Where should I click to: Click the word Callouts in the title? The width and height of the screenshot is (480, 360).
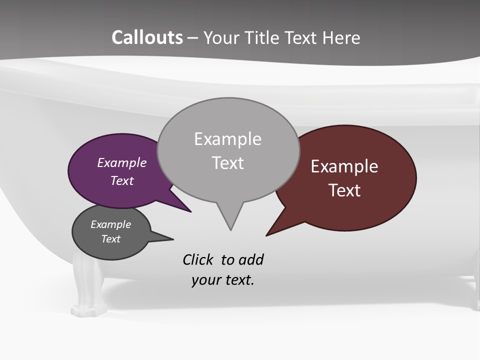click(x=147, y=38)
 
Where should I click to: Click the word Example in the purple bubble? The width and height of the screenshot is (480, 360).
click(x=121, y=163)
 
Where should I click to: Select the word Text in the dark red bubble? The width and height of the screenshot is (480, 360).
click(x=344, y=190)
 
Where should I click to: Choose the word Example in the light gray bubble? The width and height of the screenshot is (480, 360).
click(x=227, y=139)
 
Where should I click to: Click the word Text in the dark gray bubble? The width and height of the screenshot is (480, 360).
click(x=110, y=239)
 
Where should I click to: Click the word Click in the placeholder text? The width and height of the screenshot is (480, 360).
click(x=198, y=259)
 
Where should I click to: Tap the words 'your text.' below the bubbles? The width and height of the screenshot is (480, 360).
click(x=223, y=280)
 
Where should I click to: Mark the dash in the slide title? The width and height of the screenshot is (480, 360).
click(x=193, y=38)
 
